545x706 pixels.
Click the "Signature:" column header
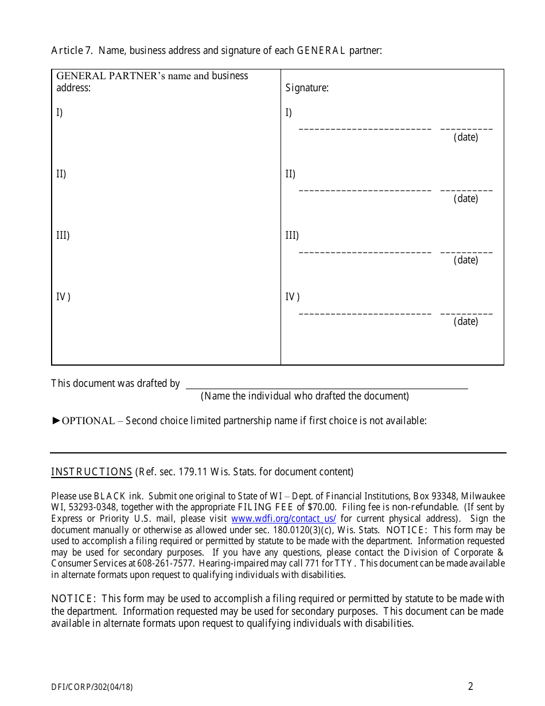(307, 88)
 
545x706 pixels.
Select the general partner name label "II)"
(61, 174)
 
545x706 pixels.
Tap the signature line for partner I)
(365, 129)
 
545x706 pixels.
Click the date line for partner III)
(466, 252)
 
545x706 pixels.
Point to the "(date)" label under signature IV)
(465, 321)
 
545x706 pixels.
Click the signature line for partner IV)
(365, 313)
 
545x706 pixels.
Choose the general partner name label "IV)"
(63, 297)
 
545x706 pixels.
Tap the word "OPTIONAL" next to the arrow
(88, 421)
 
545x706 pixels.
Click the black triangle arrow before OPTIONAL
(56, 421)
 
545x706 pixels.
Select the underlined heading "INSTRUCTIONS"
(92, 472)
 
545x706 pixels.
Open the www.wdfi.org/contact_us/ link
(283, 518)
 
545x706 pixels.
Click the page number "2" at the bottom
(470, 686)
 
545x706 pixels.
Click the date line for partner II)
(466, 191)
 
